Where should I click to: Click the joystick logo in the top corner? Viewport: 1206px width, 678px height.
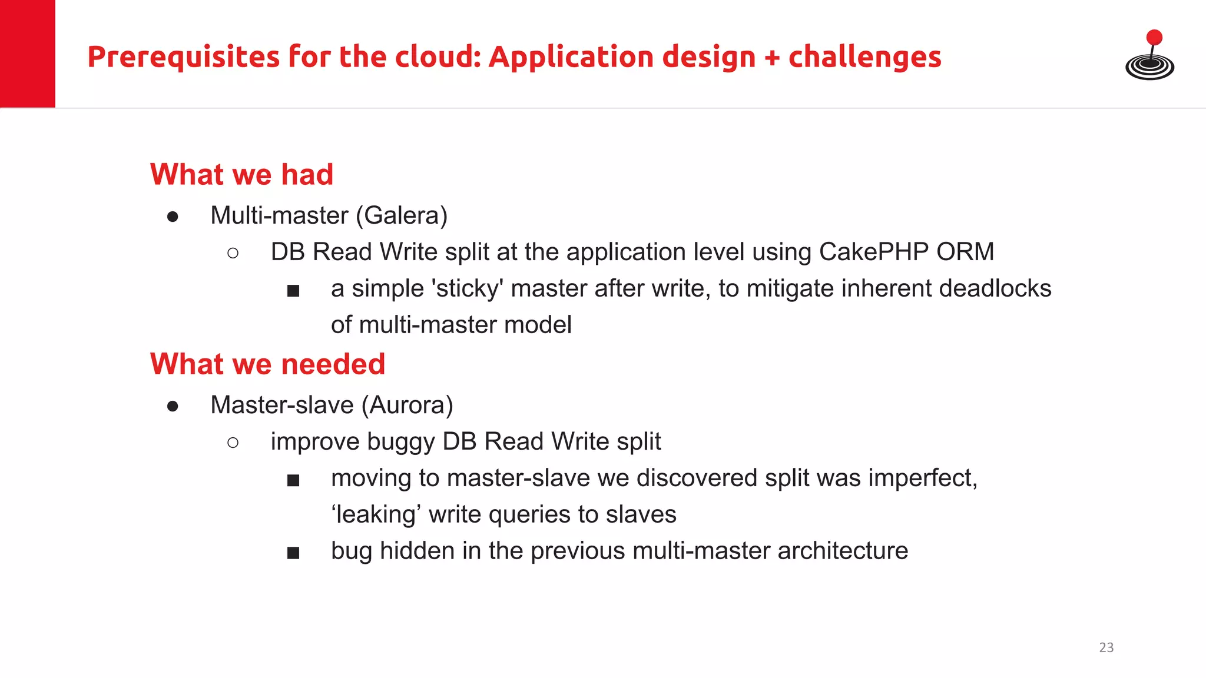(x=1149, y=56)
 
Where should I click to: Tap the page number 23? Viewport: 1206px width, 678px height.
(x=1106, y=647)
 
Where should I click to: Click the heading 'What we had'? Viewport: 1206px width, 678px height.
(x=241, y=175)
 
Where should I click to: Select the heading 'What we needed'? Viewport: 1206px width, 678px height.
(x=267, y=364)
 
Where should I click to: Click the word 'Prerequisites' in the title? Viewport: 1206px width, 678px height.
(x=183, y=58)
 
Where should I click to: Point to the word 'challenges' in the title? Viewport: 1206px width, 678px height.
(x=864, y=57)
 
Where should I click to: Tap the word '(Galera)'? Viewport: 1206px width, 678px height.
(x=402, y=216)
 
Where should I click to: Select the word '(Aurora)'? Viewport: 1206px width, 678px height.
(x=407, y=406)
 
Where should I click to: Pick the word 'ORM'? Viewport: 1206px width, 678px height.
(x=965, y=252)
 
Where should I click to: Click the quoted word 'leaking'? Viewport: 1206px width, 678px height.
(x=376, y=515)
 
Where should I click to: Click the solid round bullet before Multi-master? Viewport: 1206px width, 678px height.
(x=173, y=217)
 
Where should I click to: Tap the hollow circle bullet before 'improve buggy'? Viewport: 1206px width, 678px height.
(x=233, y=443)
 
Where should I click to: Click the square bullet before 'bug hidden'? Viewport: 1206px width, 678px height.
(x=293, y=553)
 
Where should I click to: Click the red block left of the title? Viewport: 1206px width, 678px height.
(x=28, y=54)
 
